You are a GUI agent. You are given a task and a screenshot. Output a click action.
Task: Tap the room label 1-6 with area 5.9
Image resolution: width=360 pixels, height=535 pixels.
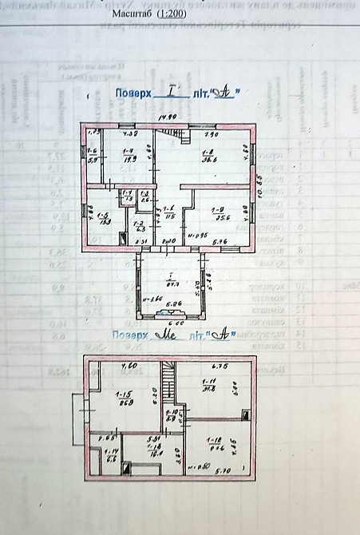point(93,151)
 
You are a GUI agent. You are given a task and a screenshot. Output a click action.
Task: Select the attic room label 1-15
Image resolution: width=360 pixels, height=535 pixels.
point(124,394)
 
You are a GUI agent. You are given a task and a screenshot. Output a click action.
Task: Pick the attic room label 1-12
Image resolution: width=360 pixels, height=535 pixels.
point(214,440)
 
